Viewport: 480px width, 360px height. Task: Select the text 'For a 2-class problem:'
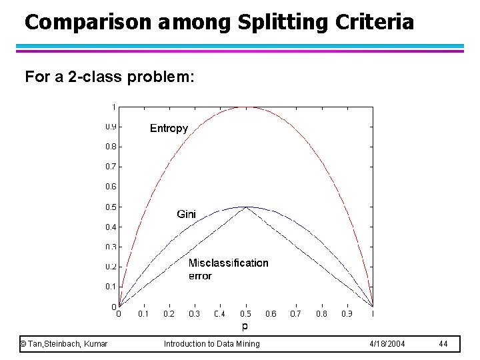click(109, 77)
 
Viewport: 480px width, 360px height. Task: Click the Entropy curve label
click(169, 128)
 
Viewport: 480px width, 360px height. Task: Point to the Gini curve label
click(186, 214)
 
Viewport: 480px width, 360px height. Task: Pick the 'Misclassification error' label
click(228, 269)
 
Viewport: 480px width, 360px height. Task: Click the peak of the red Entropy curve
click(246, 107)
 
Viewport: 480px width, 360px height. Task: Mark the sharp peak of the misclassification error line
click(246, 207)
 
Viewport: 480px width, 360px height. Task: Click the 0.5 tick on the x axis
click(246, 313)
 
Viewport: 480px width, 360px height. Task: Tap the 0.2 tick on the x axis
click(169, 313)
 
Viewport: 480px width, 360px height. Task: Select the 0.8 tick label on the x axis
click(321, 313)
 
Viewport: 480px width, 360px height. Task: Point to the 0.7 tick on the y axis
click(111, 166)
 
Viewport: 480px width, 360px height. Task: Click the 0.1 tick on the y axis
click(111, 287)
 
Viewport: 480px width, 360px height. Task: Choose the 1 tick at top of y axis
click(113, 106)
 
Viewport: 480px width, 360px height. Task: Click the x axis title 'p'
click(245, 326)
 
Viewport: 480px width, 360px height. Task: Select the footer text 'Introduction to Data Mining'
click(212, 343)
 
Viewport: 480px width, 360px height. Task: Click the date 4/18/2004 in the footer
click(387, 343)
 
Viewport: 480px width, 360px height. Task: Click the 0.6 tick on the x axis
click(271, 313)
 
